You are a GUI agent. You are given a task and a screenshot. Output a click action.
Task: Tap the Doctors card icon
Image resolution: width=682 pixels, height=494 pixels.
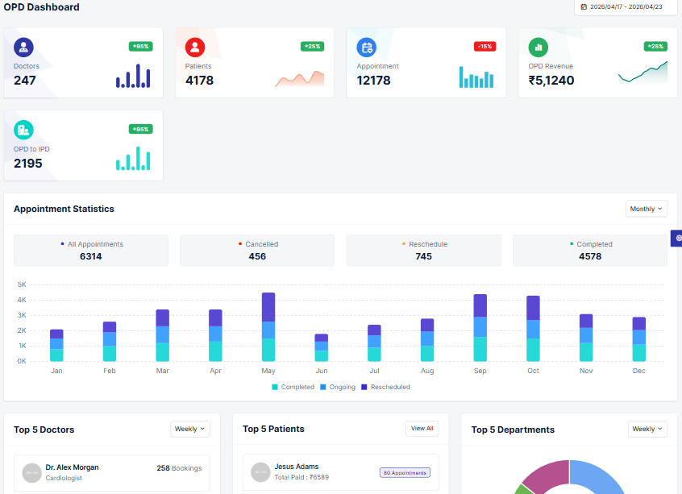(x=23, y=47)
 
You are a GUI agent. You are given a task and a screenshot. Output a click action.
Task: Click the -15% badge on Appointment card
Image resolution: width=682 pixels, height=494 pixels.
(x=484, y=47)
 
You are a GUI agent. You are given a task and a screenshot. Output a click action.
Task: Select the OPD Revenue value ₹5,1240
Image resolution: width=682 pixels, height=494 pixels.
(x=551, y=81)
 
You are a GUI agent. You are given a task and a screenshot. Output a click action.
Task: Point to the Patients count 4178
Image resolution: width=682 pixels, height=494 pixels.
(x=199, y=81)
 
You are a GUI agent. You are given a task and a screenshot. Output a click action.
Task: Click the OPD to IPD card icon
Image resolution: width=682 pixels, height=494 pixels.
(x=23, y=129)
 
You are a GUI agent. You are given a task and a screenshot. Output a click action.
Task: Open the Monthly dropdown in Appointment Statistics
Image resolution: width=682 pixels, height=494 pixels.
(x=646, y=209)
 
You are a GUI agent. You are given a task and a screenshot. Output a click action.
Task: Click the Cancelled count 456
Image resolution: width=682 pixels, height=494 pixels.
(x=257, y=256)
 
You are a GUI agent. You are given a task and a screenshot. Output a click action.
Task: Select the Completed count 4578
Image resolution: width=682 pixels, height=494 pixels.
(x=595, y=256)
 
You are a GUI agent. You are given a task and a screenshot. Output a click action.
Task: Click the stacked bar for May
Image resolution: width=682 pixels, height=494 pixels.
(x=268, y=327)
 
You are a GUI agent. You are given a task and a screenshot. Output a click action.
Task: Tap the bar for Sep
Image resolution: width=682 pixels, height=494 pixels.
(x=480, y=328)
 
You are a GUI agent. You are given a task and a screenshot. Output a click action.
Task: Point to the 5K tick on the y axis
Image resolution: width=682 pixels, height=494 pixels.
(x=22, y=284)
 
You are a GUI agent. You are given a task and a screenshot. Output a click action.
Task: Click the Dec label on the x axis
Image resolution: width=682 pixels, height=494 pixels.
(x=638, y=371)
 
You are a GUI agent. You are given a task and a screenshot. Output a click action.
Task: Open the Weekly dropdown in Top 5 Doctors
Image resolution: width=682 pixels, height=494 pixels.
(x=190, y=429)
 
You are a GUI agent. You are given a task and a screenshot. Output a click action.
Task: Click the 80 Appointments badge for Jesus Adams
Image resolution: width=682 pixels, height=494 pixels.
(x=404, y=473)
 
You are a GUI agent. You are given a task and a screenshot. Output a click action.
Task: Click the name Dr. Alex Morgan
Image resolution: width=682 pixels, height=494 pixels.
(x=72, y=467)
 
